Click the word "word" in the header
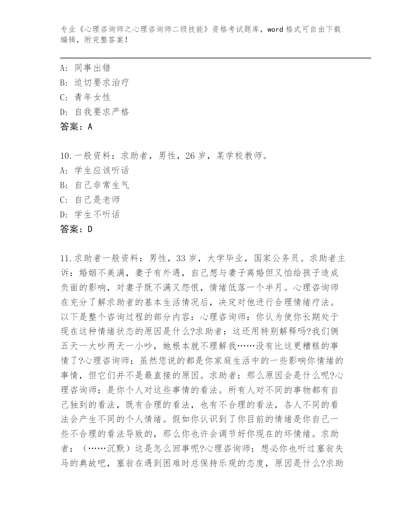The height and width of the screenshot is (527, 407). point(275,30)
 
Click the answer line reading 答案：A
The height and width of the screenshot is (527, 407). point(76,127)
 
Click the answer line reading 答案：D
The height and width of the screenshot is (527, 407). point(76,229)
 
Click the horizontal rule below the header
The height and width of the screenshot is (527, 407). point(215,58)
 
